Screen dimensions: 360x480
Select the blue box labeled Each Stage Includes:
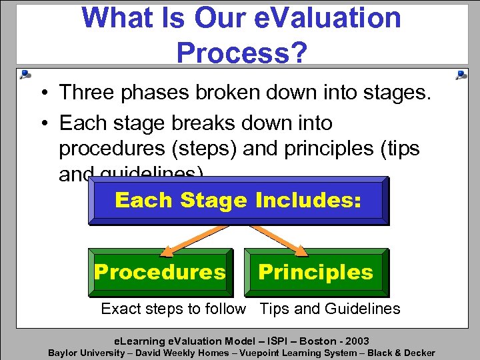pyautogui.click(x=238, y=200)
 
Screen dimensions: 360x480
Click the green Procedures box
pyautogui.click(x=160, y=272)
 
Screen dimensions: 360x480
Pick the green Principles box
pyautogui.click(x=315, y=272)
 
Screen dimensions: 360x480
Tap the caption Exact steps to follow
pyautogui.click(x=173, y=309)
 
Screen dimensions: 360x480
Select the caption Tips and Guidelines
pyautogui.click(x=329, y=309)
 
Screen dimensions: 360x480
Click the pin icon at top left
pyautogui.click(x=25, y=74)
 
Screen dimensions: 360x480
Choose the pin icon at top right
pyautogui.click(x=461, y=75)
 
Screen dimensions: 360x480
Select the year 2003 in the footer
pyautogui.click(x=355, y=341)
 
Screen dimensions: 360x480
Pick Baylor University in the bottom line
pyautogui.click(x=86, y=353)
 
